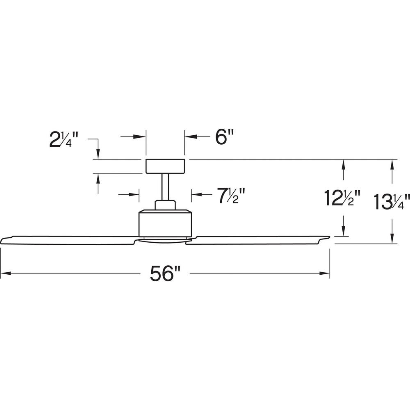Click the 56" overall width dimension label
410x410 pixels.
(166, 273)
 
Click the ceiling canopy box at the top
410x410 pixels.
(165, 166)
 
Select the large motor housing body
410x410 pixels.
(165, 223)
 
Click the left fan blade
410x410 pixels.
(68, 240)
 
